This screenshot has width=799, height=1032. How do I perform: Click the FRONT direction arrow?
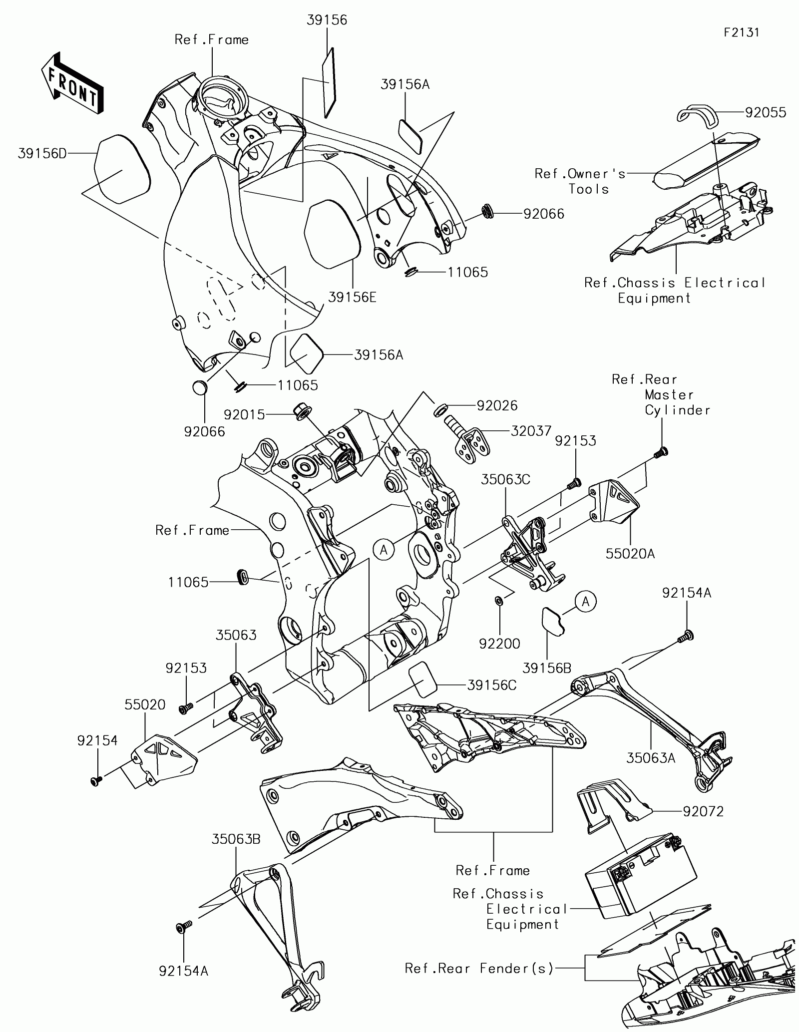[72, 82]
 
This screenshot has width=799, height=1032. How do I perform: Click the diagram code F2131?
[742, 32]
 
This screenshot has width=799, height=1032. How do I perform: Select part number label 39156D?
[42, 153]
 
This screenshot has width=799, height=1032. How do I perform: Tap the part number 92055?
[766, 113]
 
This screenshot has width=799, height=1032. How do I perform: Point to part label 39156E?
[352, 298]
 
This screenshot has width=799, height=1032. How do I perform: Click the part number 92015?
[244, 414]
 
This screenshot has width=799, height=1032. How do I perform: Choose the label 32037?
[531, 431]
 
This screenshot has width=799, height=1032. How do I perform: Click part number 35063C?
[505, 479]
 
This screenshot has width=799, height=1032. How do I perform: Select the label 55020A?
[630, 553]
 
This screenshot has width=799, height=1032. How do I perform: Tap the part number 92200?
[499, 644]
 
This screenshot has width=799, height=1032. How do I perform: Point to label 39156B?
[547, 668]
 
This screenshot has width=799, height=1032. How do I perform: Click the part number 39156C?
[492, 685]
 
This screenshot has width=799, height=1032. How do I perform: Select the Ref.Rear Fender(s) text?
[479, 969]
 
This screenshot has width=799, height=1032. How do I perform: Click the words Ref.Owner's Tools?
[580, 181]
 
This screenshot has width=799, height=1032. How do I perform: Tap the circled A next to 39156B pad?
[586, 602]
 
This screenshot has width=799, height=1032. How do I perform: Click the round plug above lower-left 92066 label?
[199, 387]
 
